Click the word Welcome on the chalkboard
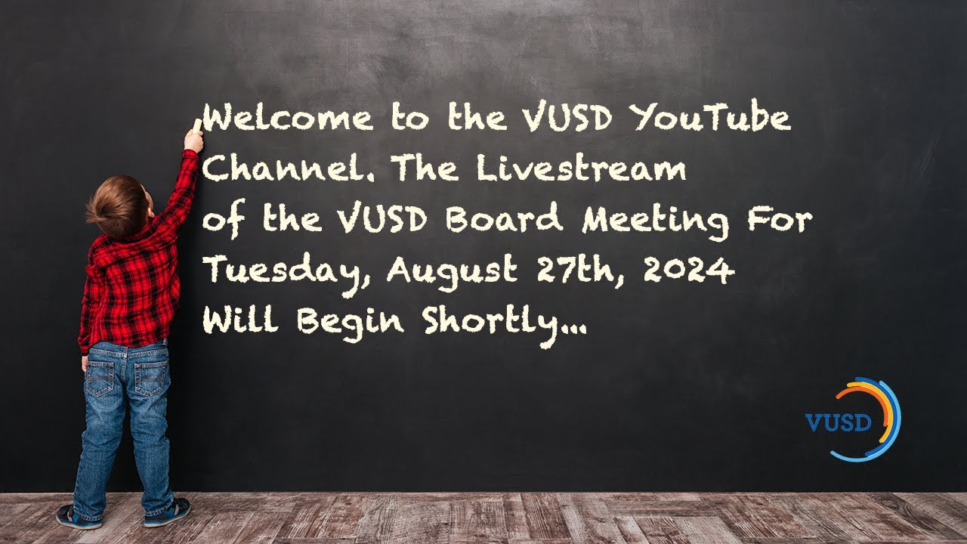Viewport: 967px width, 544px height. [288, 120]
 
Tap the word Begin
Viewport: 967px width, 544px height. [351, 324]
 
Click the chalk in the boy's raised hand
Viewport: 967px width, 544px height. [198, 125]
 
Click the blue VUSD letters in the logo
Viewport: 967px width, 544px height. [839, 422]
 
